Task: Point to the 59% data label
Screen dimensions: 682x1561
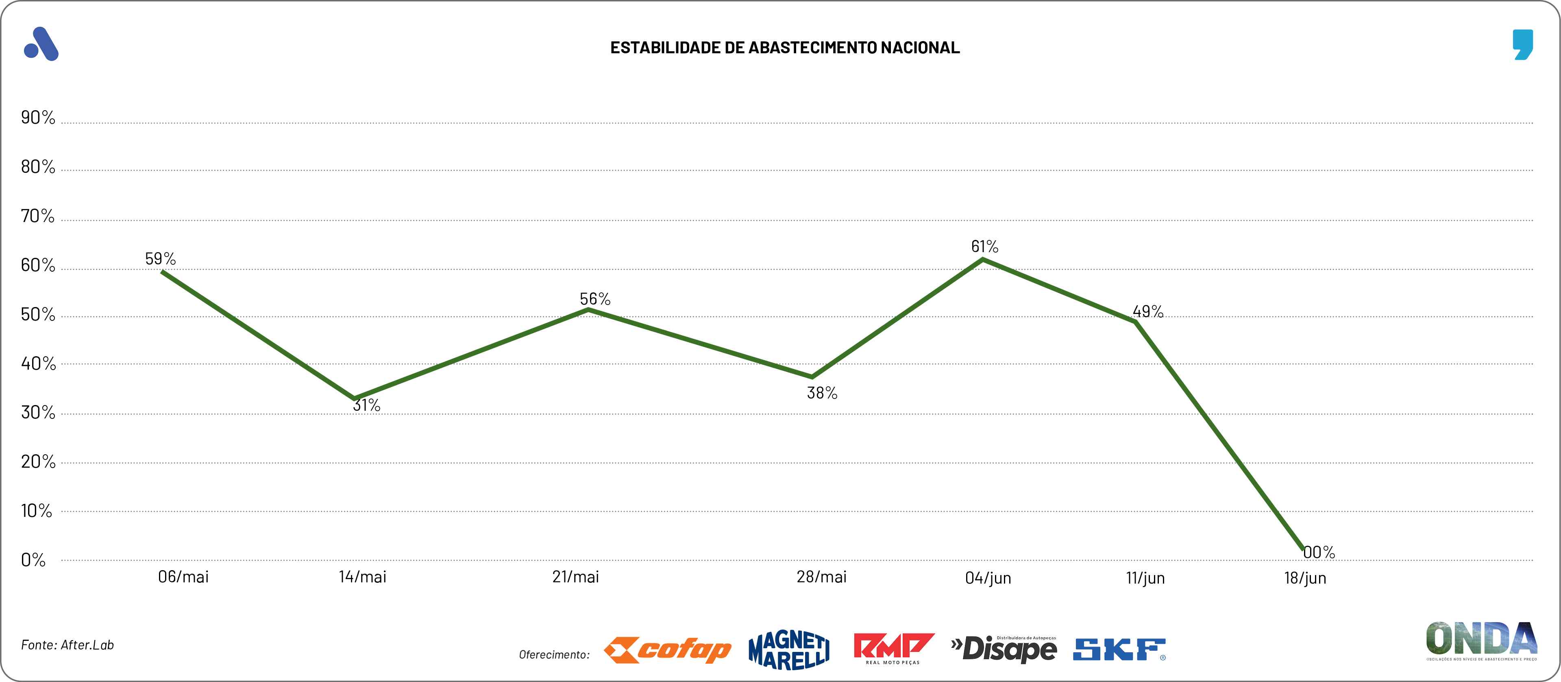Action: tap(161, 259)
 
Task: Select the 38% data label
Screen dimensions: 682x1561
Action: tap(822, 393)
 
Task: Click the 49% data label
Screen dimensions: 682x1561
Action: tap(1148, 312)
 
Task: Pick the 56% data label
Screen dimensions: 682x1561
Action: tap(595, 299)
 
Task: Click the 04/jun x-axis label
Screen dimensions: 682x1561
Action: tap(988, 578)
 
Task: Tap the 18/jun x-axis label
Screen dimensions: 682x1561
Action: tap(1305, 578)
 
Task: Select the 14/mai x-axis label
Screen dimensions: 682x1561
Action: tap(362, 577)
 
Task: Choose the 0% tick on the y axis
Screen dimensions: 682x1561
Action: tap(33, 560)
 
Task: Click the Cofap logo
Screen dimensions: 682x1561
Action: tap(668, 650)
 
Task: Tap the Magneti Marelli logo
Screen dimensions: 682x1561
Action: tap(789, 650)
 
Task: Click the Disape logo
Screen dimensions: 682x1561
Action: tap(1004, 649)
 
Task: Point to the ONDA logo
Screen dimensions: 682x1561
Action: tap(1481, 640)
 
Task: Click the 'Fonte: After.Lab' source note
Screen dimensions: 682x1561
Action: tap(67, 645)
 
